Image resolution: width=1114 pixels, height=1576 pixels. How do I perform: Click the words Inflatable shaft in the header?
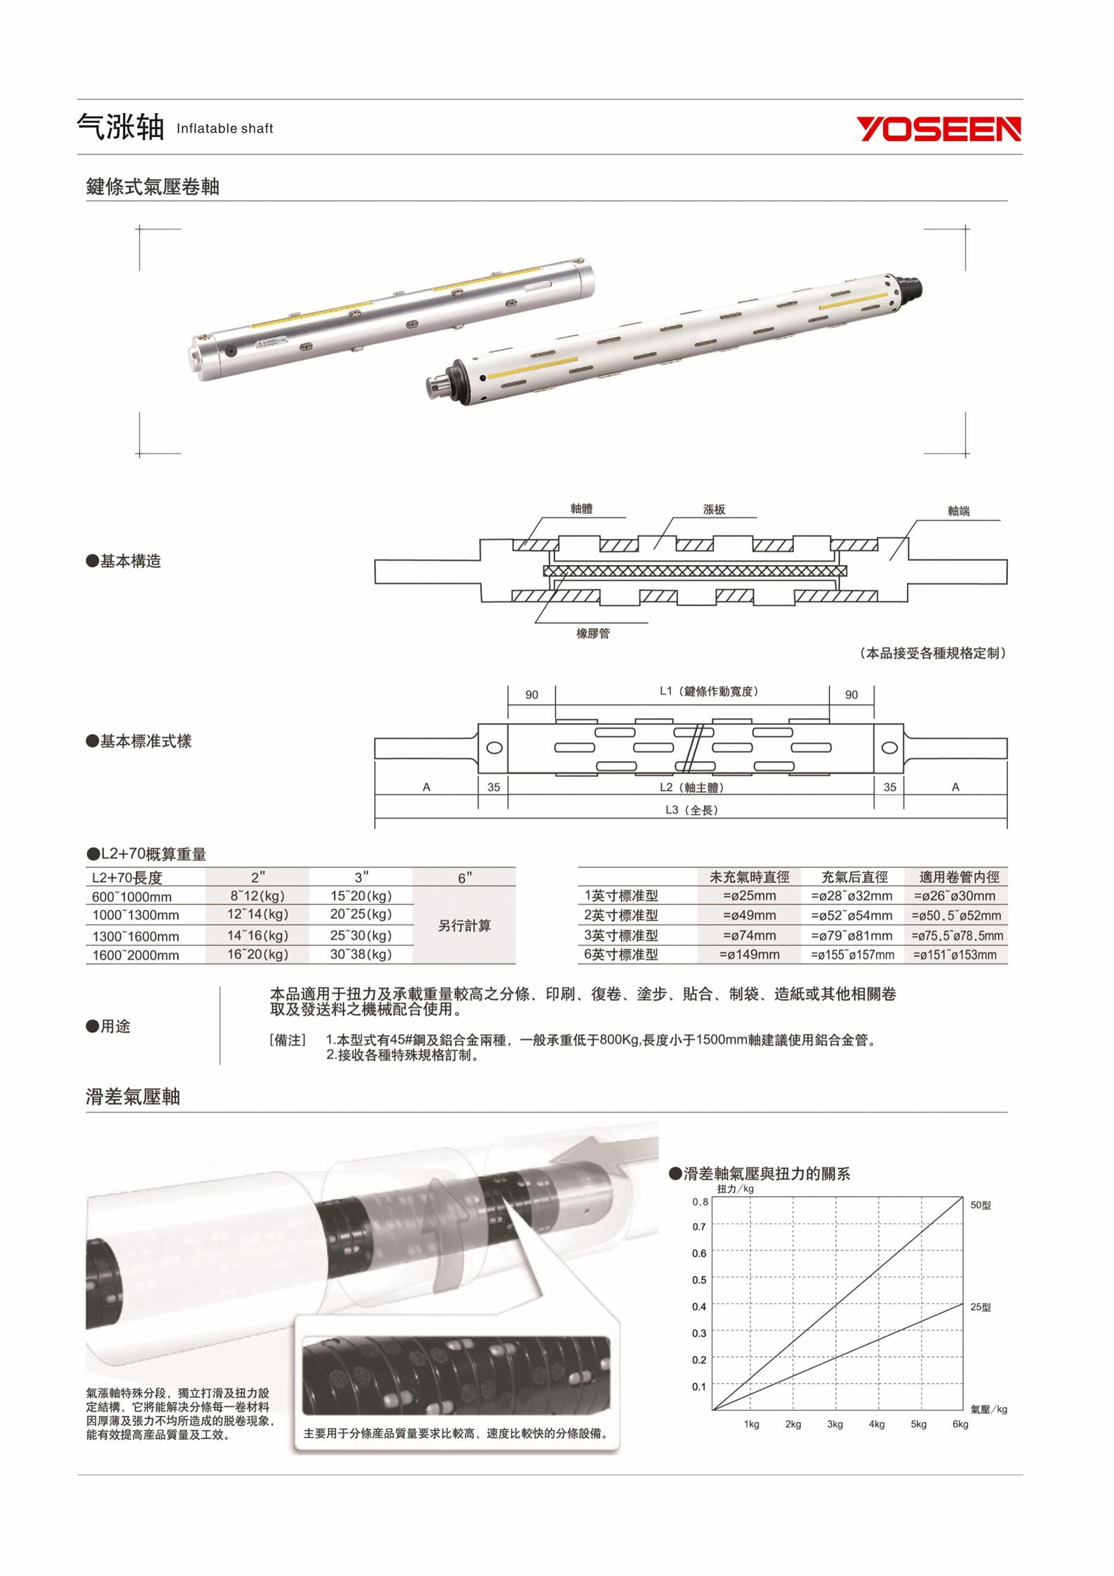(225, 128)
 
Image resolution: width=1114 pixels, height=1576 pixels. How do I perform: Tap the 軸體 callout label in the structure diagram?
(581, 508)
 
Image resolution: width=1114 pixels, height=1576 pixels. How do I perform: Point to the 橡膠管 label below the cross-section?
(593, 634)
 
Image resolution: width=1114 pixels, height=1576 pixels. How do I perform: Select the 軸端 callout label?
(958, 511)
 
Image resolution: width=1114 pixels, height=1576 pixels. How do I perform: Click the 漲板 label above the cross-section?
(714, 510)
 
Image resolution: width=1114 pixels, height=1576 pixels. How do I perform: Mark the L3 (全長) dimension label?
(691, 810)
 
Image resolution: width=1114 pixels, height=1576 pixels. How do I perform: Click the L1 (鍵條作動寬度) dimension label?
(709, 691)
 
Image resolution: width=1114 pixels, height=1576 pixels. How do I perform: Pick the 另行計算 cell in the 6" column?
(464, 925)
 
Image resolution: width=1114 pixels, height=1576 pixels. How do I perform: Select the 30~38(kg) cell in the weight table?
(361, 954)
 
